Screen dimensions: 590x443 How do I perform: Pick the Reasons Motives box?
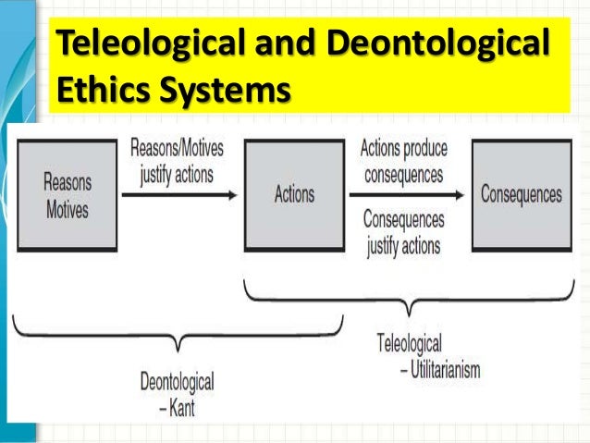(x=68, y=194)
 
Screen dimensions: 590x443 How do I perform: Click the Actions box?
(x=294, y=194)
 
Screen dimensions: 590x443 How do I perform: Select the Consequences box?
(x=521, y=194)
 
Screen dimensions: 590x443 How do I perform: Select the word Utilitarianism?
(x=434, y=371)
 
